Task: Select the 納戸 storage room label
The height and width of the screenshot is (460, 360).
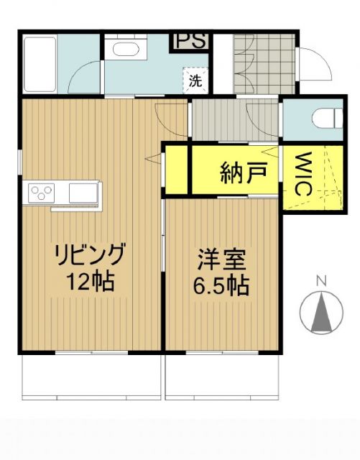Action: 244,172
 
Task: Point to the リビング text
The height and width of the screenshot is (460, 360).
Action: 90,254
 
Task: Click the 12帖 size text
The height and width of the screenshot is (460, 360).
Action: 90,282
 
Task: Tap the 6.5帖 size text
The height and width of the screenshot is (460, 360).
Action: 221,285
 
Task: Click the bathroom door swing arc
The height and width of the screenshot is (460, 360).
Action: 86,75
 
